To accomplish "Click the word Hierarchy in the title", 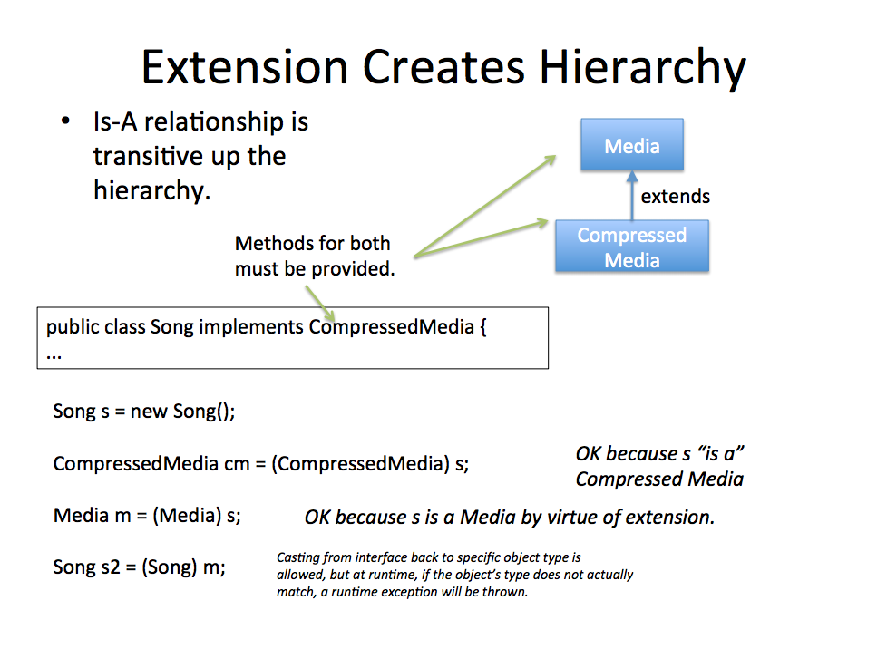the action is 642,68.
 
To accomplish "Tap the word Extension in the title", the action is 245,67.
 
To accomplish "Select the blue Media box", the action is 632,145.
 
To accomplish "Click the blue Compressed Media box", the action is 632,247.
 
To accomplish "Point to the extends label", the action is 675,196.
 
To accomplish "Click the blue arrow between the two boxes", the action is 632,196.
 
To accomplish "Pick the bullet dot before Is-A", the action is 66,121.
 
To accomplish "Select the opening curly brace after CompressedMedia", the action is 483,326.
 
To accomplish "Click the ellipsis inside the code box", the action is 54,356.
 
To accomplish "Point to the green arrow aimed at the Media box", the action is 485,206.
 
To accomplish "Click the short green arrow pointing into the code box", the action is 320,304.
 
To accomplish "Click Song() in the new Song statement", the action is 203,412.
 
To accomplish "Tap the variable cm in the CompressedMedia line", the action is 237,464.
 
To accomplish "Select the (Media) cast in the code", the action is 187,516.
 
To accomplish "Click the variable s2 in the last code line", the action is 110,567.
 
